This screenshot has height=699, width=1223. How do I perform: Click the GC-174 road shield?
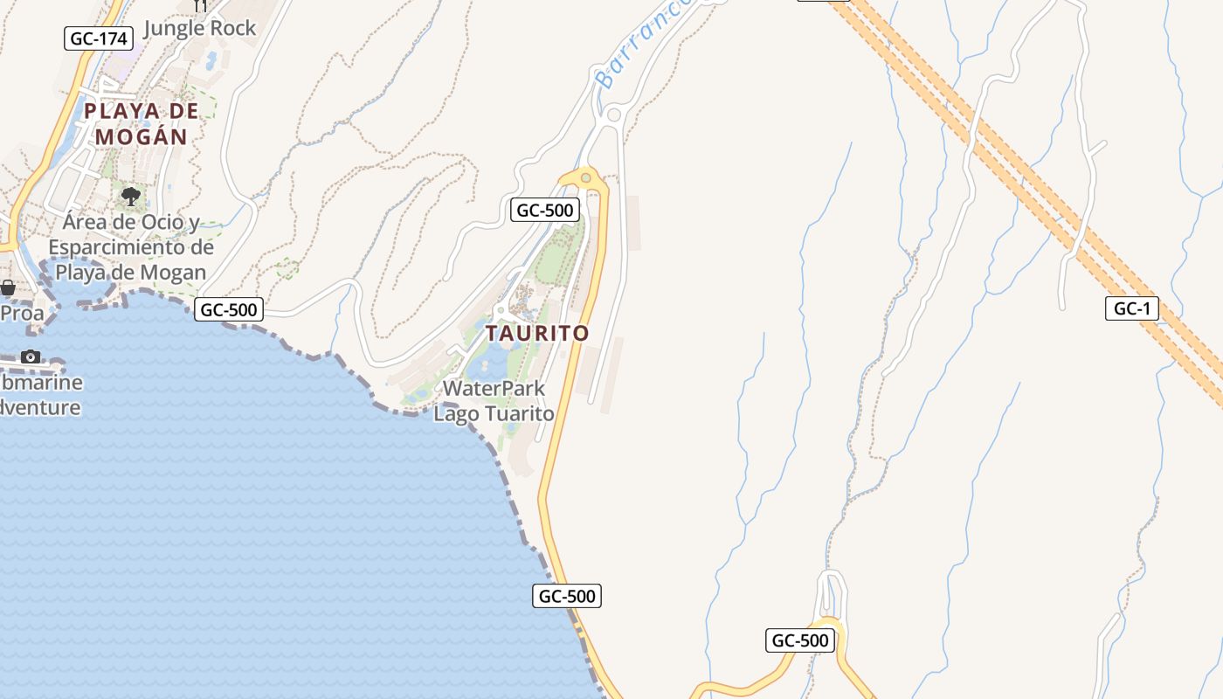pyautogui.click(x=99, y=38)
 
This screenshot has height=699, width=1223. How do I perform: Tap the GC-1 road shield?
pyautogui.click(x=1132, y=308)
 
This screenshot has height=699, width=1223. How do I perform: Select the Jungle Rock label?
pyautogui.click(x=199, y=28)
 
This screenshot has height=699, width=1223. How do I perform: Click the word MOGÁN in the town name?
pyautogui.click(x=141, y=137)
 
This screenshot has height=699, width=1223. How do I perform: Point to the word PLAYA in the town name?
pyautogui.click(x=122, y=111)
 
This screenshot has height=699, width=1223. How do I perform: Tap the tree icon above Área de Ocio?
pyautogui.click(x=131, y=196)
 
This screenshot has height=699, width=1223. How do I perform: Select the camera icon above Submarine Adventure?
pyautogui.click(x=31, y=356)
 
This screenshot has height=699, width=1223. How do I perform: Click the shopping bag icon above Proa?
pyautogui.click(x=8, y=287)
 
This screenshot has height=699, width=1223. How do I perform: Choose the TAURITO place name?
pyautogui.click(x=537, y=334)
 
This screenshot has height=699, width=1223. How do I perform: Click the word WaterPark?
pyautogui.click(x=494, y=389)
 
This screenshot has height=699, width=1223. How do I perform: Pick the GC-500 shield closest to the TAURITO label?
pyautogui.click(x=544, y=210)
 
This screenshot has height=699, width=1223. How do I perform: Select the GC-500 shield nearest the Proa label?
pyautogui.click(x=228, y=309)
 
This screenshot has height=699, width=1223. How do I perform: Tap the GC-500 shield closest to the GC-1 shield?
pyautogui.click(x=799, y=640)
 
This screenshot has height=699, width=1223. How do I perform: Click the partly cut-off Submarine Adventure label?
pyautogui.click(x=40, y=395)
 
